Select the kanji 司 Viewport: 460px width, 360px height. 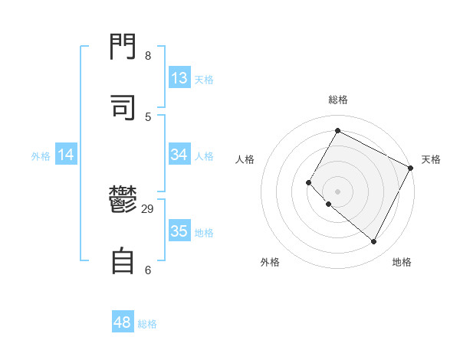123,106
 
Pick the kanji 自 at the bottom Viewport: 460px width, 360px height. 123,260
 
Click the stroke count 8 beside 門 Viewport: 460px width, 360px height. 147,56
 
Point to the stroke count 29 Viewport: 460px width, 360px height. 148,209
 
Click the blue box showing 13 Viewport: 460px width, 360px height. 179,78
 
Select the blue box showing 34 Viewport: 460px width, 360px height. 179,155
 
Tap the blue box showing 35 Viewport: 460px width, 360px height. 179,231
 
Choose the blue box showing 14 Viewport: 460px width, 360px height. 66,155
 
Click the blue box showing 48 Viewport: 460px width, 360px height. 123,322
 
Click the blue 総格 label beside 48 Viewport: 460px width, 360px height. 147,324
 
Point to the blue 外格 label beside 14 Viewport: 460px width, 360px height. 41,156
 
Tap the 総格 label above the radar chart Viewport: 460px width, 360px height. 337,100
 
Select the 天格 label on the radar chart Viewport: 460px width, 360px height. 431,159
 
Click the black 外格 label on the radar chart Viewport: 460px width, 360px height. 270,262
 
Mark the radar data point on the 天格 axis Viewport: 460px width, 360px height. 410,168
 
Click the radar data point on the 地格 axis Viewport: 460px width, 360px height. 373,242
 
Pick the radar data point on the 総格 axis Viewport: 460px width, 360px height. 337,131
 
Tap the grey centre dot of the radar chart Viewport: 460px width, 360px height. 337,191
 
